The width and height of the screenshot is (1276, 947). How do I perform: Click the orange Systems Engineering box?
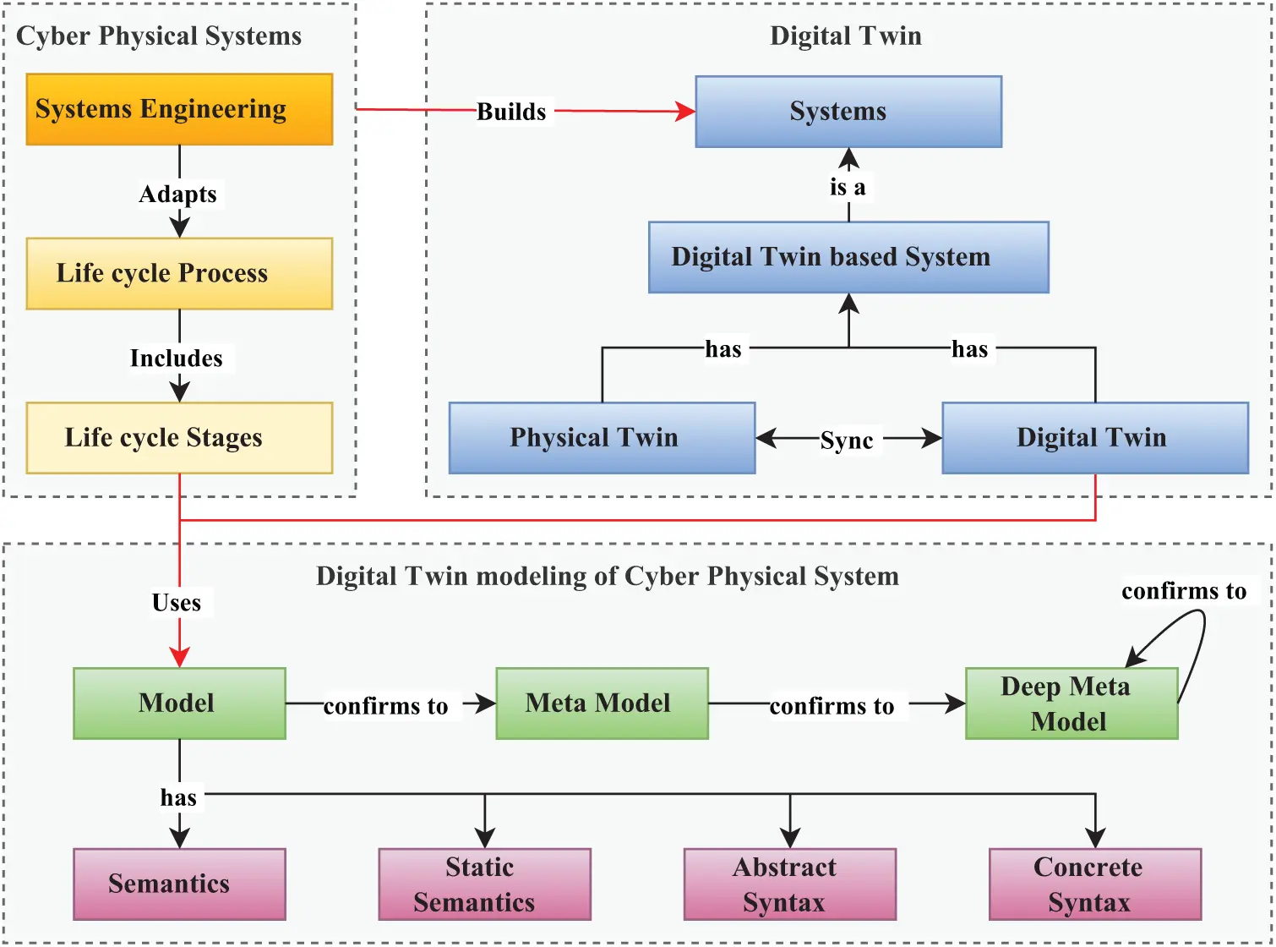pyautogui.click(x=179, y=109)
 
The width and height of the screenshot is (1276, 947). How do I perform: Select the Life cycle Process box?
pyautogui.click(x=179, y=273)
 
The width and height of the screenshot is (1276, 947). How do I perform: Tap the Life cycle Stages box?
pyautogui.click(x=179, y=437)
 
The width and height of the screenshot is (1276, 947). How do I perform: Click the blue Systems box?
pyautogui.click(x=848, y=112)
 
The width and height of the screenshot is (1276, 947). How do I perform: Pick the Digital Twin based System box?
pyautogui.click(x=848, y=257)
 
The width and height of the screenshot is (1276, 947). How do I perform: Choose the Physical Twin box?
pyautogui.click(x=602, y=437)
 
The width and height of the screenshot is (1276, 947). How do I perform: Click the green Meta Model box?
pyautogui.click(x=602, y=703)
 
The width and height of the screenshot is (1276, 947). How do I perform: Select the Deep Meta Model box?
pyautogui.click(x=1071, y=703)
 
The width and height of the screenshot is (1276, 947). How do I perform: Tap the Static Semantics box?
pyautogui.click(x=484, y=884)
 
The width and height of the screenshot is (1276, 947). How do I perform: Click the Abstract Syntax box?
pyautogui.click(x=789, y=884)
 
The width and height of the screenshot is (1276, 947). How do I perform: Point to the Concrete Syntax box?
pyautogui.click(x=1094, y=884)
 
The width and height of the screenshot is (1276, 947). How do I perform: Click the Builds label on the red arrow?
pyautogui.click(x=511, y=112)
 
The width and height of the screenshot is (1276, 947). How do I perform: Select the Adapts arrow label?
pyautogui.click(x=178, y=194)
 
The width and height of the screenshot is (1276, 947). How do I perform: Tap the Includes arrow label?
pyautogui.click(x=177, y=359)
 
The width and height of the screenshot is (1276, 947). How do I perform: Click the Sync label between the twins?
pyautogui.click(x=847, y=440)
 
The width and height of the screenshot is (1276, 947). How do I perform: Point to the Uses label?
pyautogui.click(x=177, y=603)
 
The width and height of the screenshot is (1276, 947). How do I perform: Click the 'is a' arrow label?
pyautogui.click(x=848, y=187)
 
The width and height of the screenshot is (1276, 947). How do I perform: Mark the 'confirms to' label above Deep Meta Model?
pyautogui.click(x=1184, y=591)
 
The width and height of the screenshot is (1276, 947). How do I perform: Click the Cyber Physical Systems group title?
pyautogui.click(x=159, y=36)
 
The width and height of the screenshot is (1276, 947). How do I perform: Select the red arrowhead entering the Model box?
pyautogui.click(x=179, y=658)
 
